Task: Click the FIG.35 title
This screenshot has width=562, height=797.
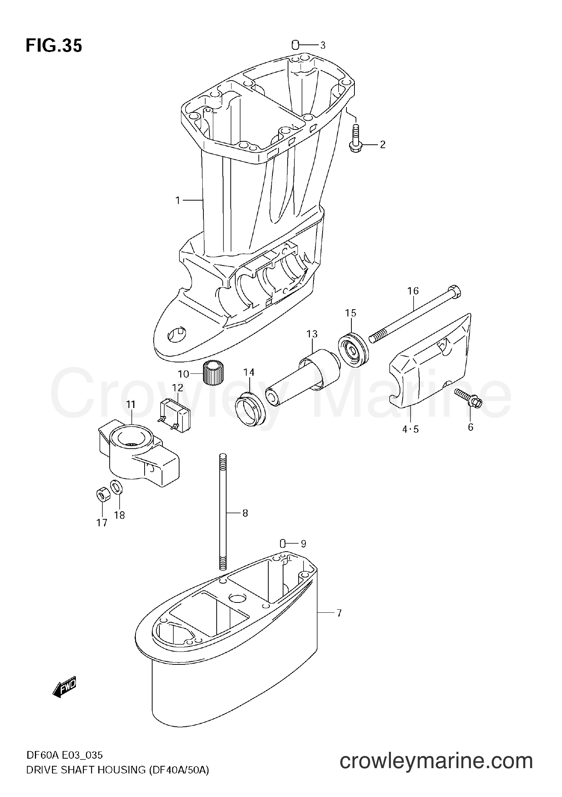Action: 54,46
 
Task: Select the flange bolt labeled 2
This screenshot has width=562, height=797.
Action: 356,137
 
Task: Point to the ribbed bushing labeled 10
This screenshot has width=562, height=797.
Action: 213,373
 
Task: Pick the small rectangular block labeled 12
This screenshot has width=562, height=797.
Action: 175,415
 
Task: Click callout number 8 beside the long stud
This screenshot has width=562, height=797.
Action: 245,513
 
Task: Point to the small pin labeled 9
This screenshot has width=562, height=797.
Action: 283,544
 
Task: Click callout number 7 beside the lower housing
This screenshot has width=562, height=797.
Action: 339,613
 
